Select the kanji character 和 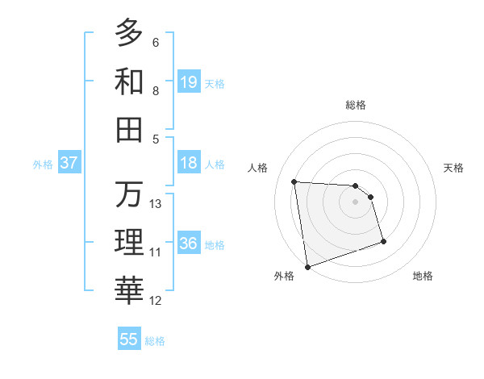click(x=129, y=81)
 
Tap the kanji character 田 click(x=129, y=129)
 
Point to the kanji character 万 click(x=129, y=194)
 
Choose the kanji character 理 click(x=129, y=242)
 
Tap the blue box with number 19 click(x=189, y=81)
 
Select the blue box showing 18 click(x=189, y=163)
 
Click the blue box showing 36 click(x=189, y=244)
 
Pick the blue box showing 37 click(x=69, y=163)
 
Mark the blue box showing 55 click(x=129, y=339)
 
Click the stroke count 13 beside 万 click(x=156, y=204)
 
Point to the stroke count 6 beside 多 click(x=156, y=42)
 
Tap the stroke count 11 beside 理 click(x=156, y=252)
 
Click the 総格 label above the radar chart click(x=356, y=105)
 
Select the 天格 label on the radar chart click(x=453, y=168)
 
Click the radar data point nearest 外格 click(x=307, y=266)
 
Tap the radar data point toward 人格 click(x=294, y=181)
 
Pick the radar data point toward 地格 click(x=383, y=241)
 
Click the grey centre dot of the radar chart click(x=356, y=202)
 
